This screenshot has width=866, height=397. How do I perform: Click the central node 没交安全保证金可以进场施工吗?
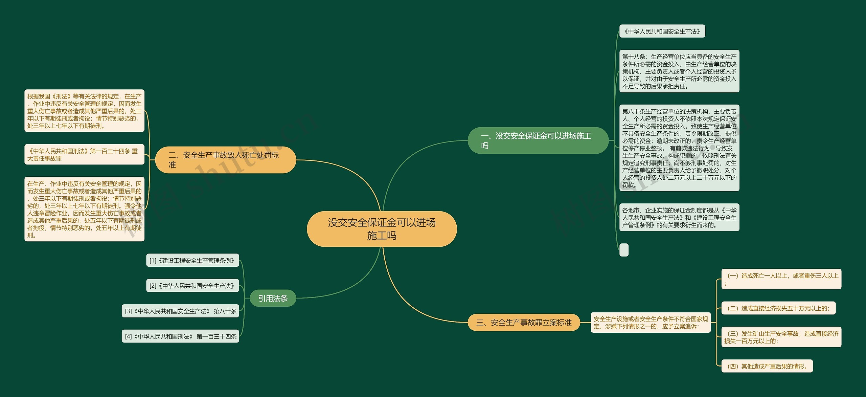382,229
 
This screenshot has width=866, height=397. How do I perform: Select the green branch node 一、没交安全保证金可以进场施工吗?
538,140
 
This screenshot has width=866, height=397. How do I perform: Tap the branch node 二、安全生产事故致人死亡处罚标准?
225,160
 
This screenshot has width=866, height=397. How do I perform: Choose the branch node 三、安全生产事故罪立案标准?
524,323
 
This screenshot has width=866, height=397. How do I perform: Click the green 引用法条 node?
273,298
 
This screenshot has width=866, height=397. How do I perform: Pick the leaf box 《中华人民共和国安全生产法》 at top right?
662,31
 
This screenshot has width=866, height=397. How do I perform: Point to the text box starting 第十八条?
679,71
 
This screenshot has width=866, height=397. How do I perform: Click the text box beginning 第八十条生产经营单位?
679,148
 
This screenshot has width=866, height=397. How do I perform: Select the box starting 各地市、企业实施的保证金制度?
679,217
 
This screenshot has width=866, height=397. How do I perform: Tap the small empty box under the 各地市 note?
624,250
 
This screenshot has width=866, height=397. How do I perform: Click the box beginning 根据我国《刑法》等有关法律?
84,111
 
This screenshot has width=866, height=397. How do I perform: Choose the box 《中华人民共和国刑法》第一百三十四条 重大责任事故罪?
84,154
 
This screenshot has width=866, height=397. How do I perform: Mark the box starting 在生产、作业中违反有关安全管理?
84,209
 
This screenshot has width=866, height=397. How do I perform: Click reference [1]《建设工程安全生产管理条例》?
192,260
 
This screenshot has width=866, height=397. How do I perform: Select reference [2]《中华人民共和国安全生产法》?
192,286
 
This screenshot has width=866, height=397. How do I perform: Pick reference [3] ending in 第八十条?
180,311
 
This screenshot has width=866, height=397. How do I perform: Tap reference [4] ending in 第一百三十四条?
180,336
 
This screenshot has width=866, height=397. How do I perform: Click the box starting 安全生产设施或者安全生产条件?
651,323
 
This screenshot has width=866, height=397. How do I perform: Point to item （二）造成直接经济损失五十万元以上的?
778,308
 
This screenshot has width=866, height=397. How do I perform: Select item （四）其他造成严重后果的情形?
767,366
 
